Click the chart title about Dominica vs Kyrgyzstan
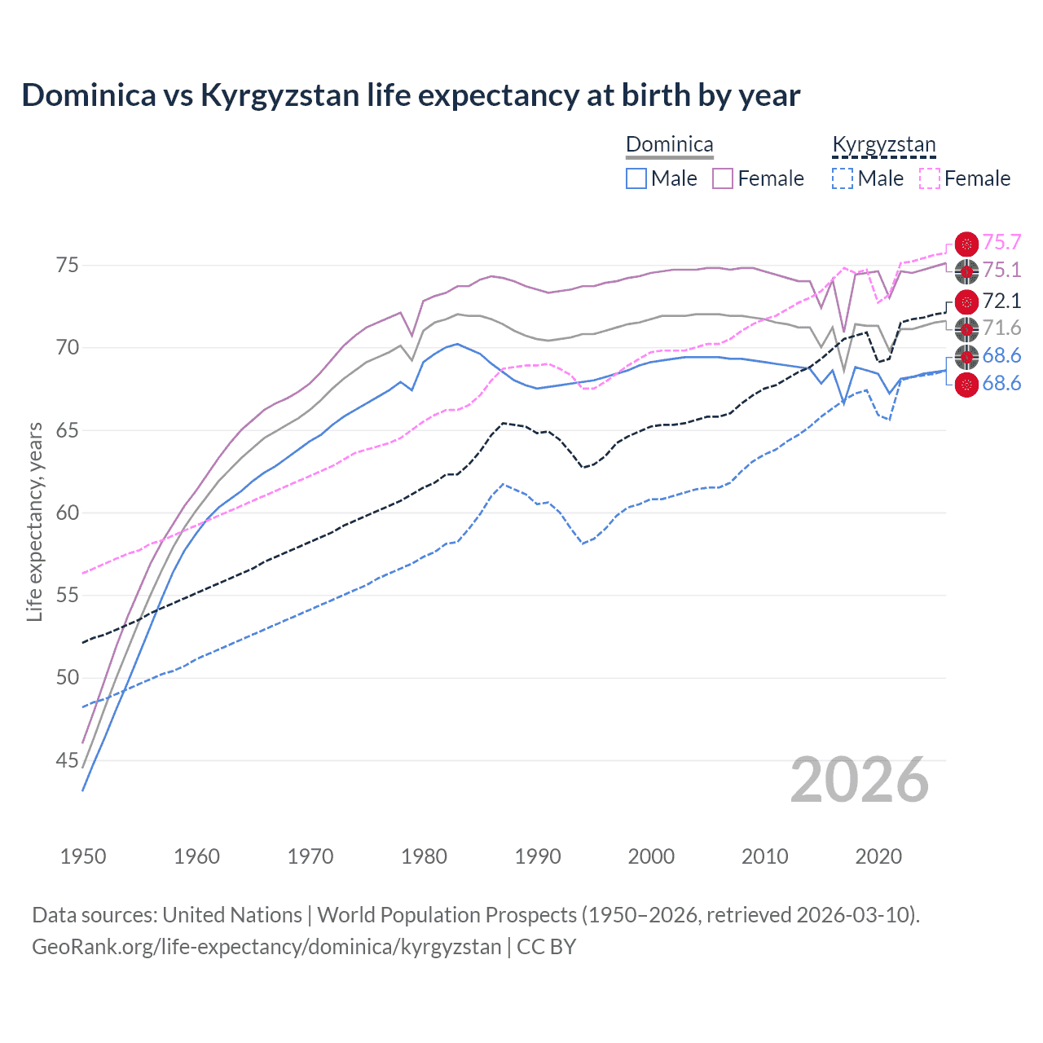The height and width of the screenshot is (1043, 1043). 411,95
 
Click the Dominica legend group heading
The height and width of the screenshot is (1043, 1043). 669,144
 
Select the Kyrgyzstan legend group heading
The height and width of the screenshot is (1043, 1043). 884,144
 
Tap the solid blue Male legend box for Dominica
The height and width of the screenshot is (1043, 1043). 636,178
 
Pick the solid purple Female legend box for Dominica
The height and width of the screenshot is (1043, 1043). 723,178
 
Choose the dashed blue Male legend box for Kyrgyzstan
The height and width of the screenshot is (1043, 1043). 843,178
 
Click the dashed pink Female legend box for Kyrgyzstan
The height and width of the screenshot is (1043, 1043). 930,178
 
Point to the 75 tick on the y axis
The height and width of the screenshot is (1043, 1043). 67,266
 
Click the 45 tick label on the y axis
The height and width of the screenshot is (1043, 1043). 67,760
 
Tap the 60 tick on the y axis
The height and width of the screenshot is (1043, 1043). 67,513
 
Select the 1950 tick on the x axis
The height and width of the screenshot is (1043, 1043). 83,856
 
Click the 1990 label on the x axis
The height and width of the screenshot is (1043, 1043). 538,856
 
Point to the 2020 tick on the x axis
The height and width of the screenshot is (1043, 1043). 878,856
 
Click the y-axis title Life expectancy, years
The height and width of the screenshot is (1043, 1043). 34,521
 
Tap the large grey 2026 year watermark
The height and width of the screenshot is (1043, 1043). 860,780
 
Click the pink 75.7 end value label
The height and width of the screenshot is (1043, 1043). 1001,243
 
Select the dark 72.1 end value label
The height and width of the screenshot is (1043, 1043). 1001,301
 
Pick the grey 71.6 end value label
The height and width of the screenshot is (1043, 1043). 1001,328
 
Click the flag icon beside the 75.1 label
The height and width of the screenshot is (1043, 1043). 966,271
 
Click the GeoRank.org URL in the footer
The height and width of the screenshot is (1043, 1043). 266,947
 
